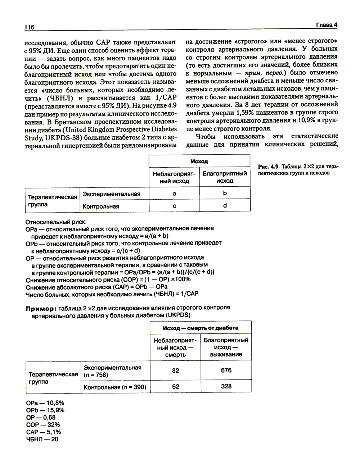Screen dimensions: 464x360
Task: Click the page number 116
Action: click(x=29, y=27)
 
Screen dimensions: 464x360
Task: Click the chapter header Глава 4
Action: click(x=327, y=25)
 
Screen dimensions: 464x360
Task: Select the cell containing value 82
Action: click(x=175, y=370)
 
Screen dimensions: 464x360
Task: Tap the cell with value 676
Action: click(x=226, y=370)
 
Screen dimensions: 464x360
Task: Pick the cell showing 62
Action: click(x=175, y=387)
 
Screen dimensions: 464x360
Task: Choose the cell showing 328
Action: click(x=226, y=386)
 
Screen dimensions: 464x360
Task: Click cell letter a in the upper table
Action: click(x=175, y=194)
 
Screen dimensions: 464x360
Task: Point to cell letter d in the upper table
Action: click(x=225, y=206)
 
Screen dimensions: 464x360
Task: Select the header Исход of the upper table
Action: click(x=199, y=162)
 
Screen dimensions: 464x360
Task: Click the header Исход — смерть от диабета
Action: click(x=201, y=328)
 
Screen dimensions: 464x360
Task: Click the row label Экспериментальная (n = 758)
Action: click(x=113, y=371)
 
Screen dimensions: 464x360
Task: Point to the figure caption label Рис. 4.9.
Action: click(x=269, y=167)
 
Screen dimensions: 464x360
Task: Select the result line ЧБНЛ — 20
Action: click(x=42, y=439)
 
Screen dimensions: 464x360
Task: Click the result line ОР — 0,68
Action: click(x=41, y=417)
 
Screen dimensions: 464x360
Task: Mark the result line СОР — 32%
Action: click(x=43, y=424)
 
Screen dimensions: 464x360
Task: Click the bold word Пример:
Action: click(x=41, y=308)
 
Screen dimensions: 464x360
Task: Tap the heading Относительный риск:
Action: click(x=56, y=221)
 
